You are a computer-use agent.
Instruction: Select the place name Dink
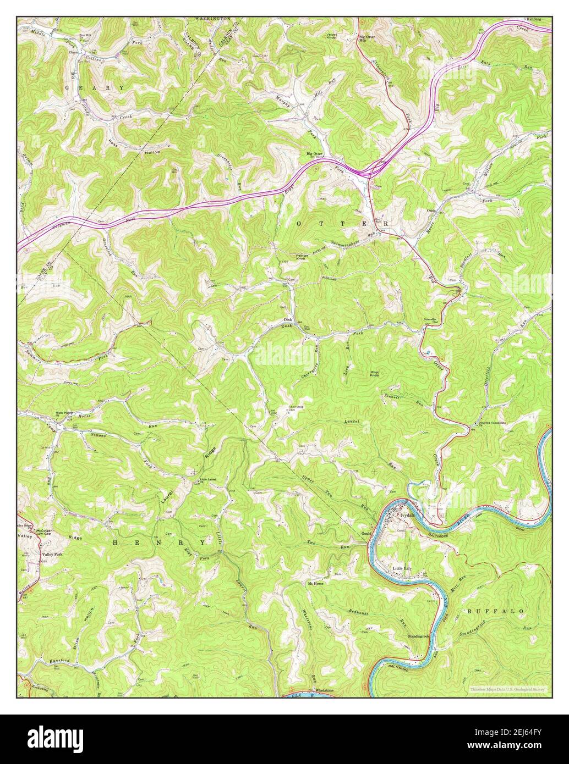(x=287, y=319)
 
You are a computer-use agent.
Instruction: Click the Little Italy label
(x=402, y=568)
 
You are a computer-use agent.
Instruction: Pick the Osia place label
(x=431, y=210)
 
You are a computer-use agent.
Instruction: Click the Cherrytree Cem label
(x=281, y=409)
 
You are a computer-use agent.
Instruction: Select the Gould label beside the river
(x=367, y=534)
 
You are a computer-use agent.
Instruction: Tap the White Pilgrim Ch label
(x=64, y=413)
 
